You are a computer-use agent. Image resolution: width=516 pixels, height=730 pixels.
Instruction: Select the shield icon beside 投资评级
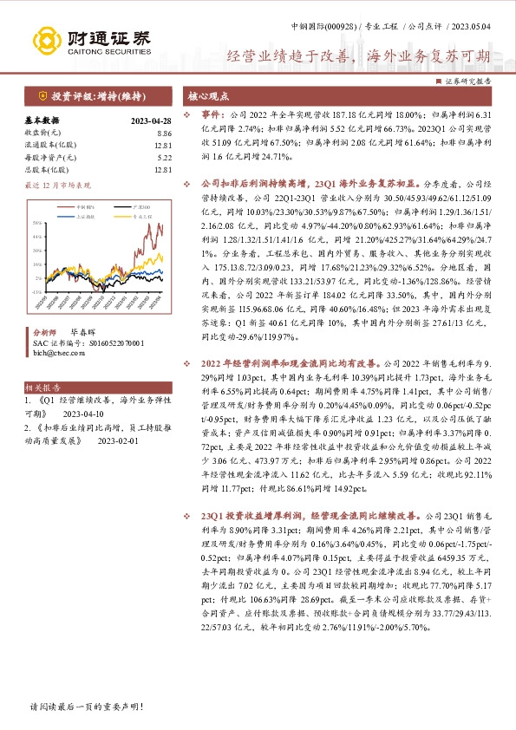tap(41, 95)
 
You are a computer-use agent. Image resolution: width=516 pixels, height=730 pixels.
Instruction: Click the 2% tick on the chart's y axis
tap(40, 277)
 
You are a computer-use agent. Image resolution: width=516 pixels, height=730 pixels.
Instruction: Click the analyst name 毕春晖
tap(82, 332)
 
